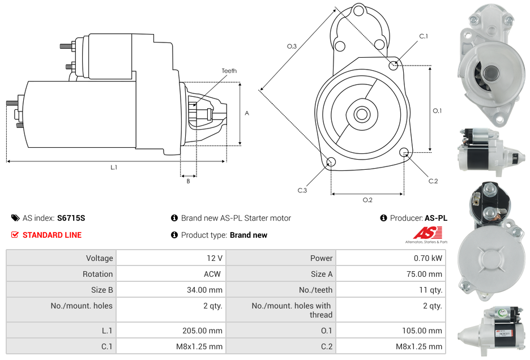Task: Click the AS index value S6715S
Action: tap(71, 218)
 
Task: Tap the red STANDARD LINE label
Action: tap(52, 235)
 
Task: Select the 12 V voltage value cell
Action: tap(214, 258)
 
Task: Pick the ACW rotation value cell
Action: tap(213, 274)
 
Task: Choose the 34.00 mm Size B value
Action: tap(204, 290)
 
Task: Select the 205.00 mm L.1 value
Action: tap(202, 331)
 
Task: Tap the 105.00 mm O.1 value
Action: tap(422, 331)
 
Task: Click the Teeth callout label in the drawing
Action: tap(229, 71)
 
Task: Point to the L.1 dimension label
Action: tap(114, 167)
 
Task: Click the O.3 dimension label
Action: tap(292, 46)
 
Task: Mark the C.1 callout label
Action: tap(423, 37)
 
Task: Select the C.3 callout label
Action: tap(302, 190)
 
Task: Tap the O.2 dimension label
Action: tap(367, 200)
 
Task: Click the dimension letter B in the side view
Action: tap(188, 181)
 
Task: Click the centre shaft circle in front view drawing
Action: tap(361, 114)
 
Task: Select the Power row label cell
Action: tap(321, 258)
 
